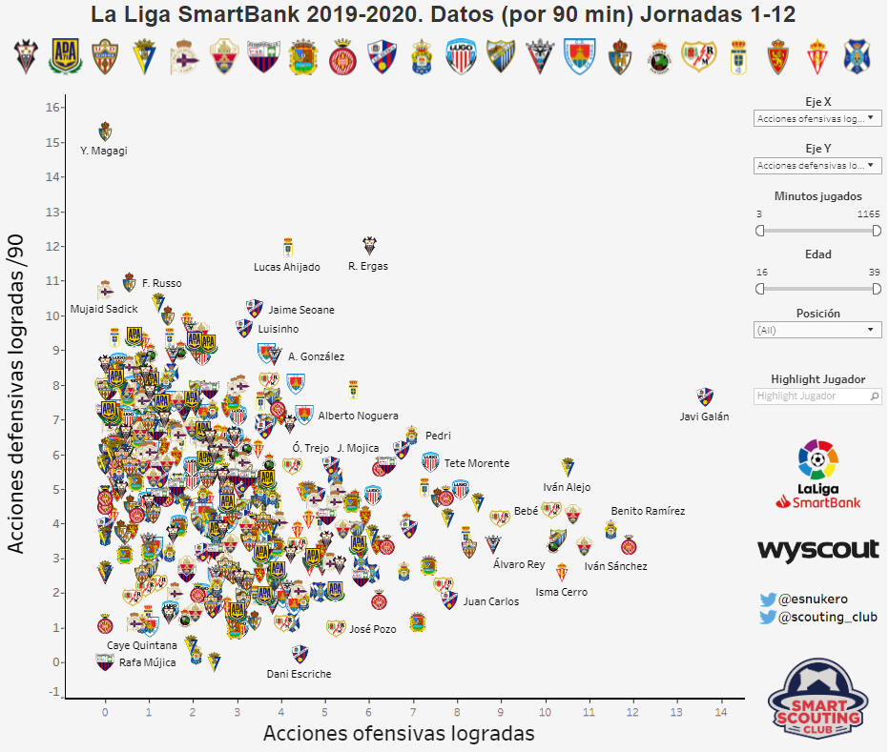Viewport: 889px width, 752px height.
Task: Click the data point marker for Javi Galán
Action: pyautogui.click(x=705, y=396)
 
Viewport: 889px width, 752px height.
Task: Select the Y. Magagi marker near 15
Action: pyautogui.click(x=106, y=132)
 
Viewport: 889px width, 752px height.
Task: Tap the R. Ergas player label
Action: pyautogui.click(x=368, y=267)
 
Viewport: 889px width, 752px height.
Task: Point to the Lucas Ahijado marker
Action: pyautogui.click(x=287, y=247)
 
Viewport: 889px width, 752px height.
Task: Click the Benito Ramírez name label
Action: pyautogui.click(x=648, y=511)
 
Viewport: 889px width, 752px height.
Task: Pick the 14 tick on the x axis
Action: pyautogui.click(x=720, y=712)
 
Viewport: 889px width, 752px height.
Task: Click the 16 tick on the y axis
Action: pyautogui.click(x=52, y=107)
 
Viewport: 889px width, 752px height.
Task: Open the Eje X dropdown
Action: pyautogui.click(x=817, y=119)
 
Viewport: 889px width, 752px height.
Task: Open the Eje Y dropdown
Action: pyautogui.click(x=817, y=166)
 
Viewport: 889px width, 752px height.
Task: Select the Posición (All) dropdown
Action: pyautogui.click(x=817, y=330)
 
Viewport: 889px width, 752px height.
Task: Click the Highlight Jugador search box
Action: pyautogui.click(x=817, y=396)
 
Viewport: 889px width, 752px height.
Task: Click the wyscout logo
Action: pyautogui.click(x=817, y=550)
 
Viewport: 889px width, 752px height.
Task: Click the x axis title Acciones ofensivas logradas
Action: pyautogui.click(x=398, y=734)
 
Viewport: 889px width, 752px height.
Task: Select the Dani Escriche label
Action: pyautogui.click(x=300, y=674)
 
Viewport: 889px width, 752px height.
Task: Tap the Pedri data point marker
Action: pyautogui.click(x=411, y=435)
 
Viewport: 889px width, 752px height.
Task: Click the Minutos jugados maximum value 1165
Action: pyautogui.click(x=868, y=213)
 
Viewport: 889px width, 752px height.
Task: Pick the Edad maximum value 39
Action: pyautogui.click(x=874, y=273)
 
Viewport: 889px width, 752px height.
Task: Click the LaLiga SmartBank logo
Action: pyautogui.click(x=817, y=475)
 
